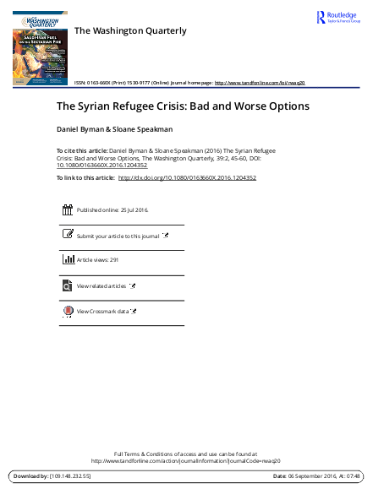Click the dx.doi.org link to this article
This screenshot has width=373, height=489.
(187, 179)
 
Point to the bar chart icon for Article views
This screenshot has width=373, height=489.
(68, 261)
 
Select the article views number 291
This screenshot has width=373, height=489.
(113, 261)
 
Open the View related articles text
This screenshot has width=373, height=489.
(101, 286)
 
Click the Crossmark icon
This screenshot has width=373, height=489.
(68, 312)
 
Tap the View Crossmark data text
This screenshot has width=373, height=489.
(102, 312)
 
